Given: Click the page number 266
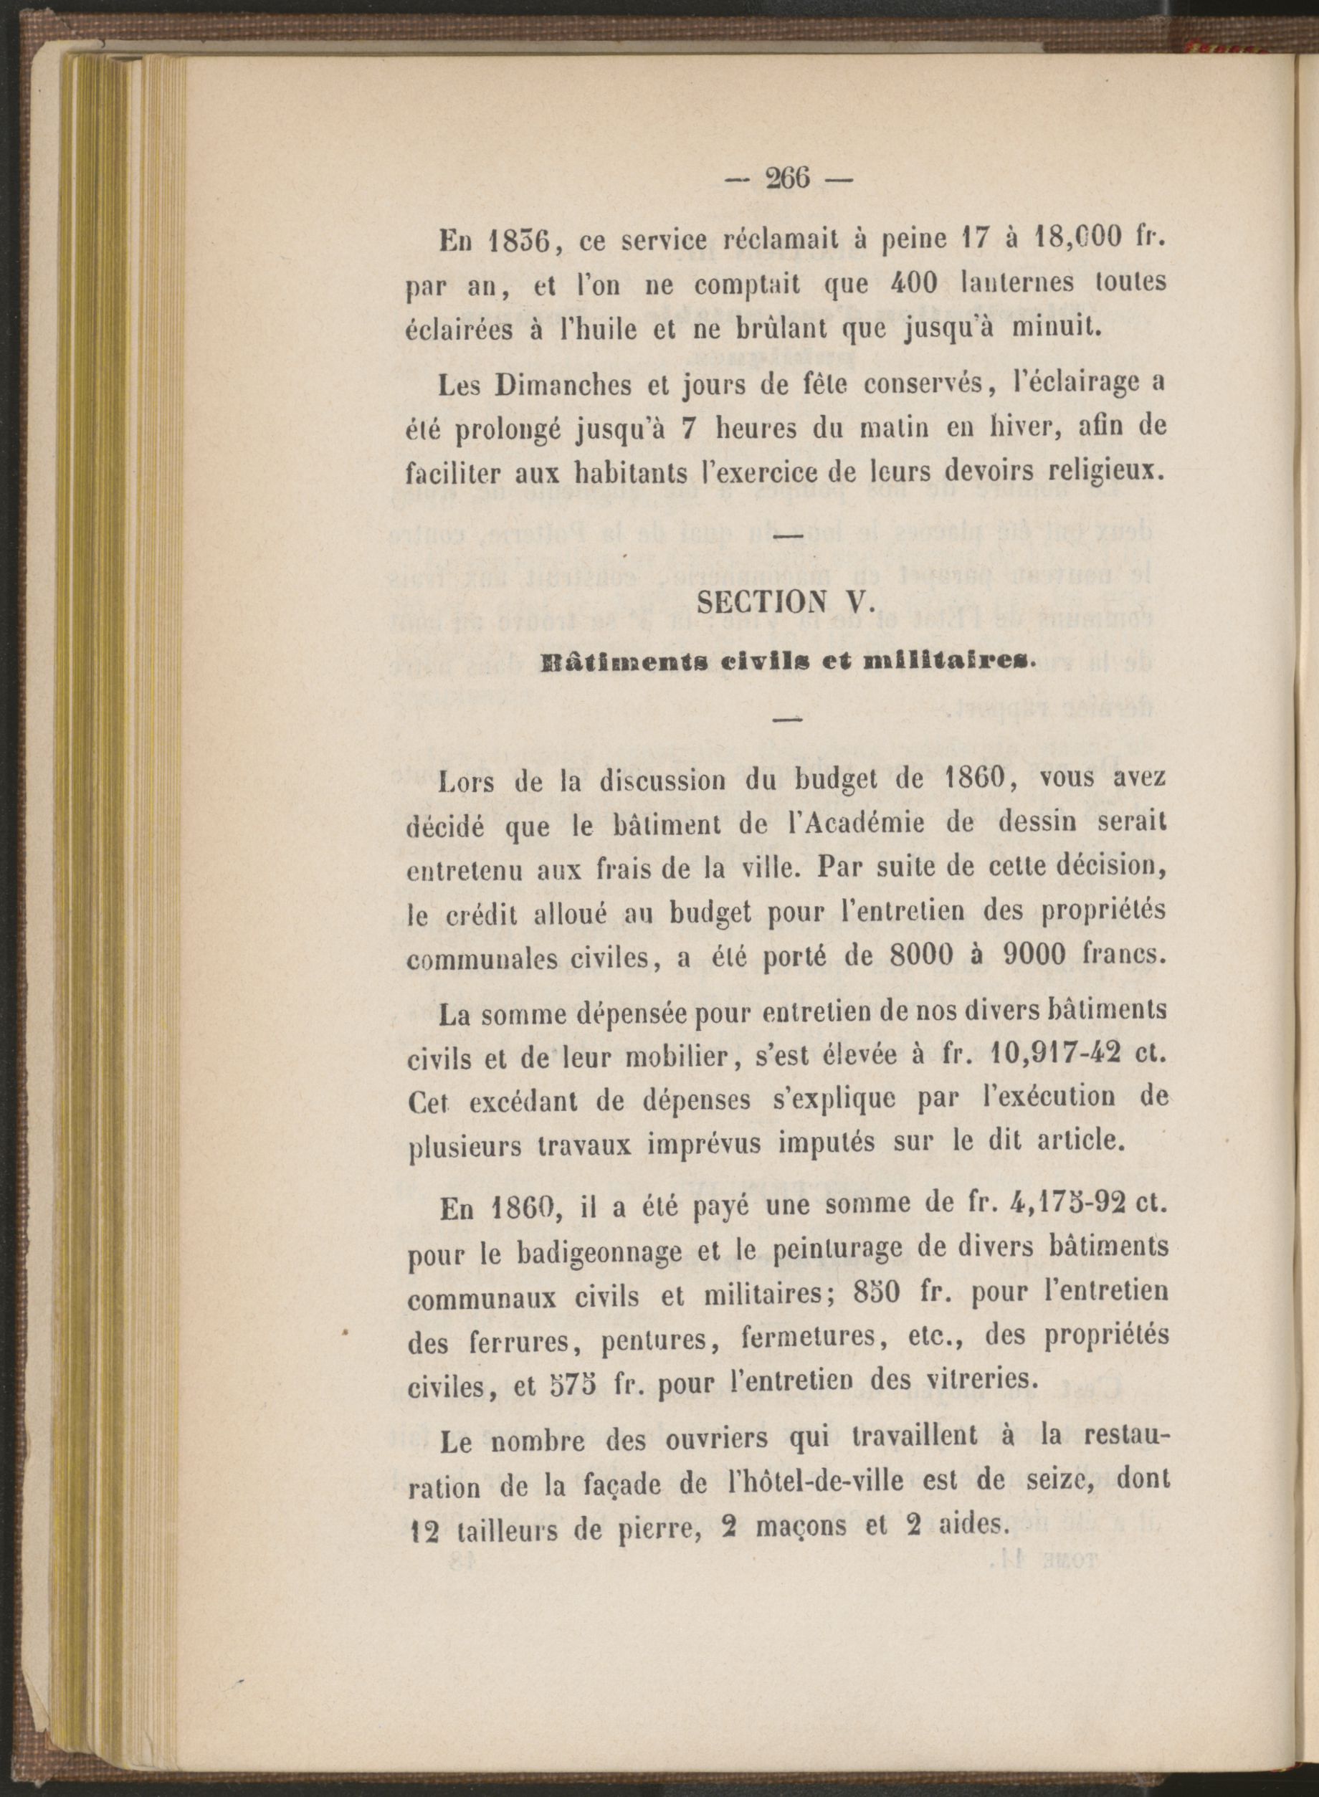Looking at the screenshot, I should (x=787, y=178).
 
